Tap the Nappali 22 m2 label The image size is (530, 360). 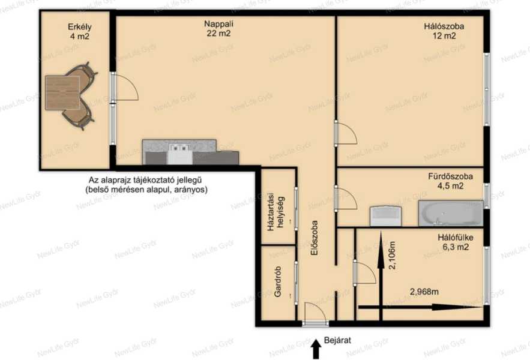[218, 28]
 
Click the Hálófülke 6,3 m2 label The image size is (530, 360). [456, 242]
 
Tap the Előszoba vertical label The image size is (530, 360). [314, 238]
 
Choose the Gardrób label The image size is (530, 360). [278, 281]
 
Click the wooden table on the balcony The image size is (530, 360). [63, 92]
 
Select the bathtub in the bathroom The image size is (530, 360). [451, 213]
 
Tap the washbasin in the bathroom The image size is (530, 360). [385, 216]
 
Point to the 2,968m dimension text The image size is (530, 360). [424, 292]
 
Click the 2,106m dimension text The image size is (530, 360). [392, 255]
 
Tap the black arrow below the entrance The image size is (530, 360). [316, 349]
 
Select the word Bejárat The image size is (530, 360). [337, 340]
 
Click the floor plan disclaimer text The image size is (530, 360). [146, 185]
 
